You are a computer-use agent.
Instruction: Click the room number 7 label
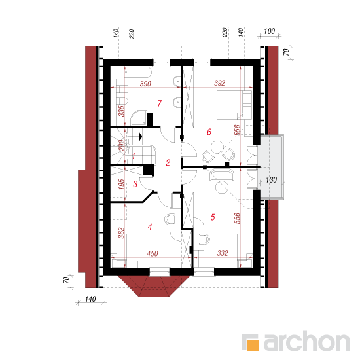click(160, 103)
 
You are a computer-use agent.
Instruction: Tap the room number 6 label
click(209, 132)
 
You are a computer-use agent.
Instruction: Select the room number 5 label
click(213, 217)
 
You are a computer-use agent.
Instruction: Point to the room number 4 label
click(150, 227)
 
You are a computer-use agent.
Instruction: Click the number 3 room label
click(135, 184)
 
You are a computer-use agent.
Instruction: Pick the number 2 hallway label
click(168, 162)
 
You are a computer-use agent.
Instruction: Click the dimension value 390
click(145, 84)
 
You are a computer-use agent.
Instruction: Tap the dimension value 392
click(219, 83)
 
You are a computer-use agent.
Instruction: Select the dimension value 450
click(153, 253)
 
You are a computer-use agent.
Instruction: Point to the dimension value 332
click(223, 253)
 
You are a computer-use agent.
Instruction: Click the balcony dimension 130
click(271, 180)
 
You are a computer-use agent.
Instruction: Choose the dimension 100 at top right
click(269, 31)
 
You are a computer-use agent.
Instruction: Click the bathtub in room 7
click(137, 72)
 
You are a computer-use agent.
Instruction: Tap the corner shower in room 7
click(139, 118)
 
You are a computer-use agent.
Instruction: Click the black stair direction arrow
click(141, 137)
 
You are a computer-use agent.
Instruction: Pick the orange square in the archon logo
click(253, 345)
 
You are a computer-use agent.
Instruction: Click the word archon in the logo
click(307, 341)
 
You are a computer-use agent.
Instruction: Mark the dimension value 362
click(122, 233)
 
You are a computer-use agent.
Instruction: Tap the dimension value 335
click(122, 111)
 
